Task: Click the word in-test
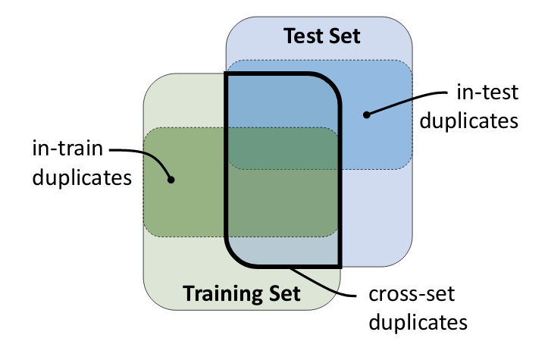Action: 487,94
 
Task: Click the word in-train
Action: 67,149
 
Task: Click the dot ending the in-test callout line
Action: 366,115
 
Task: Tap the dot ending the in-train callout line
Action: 171,180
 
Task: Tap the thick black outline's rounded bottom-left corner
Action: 234,257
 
